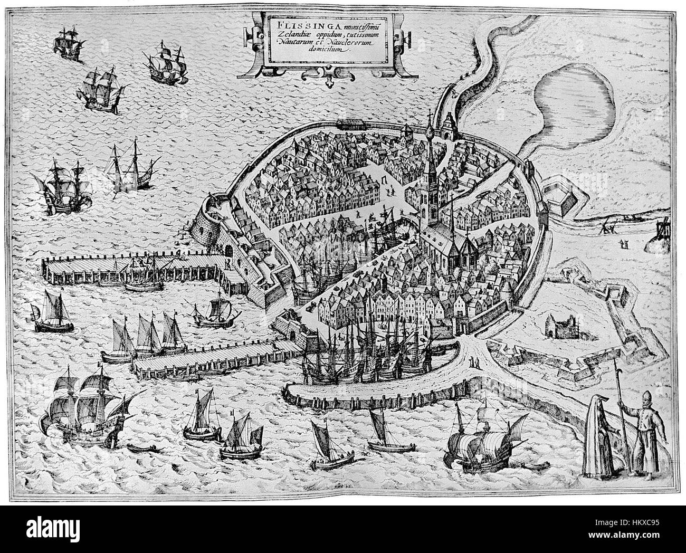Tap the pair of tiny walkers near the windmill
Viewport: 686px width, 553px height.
pos(625,243)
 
